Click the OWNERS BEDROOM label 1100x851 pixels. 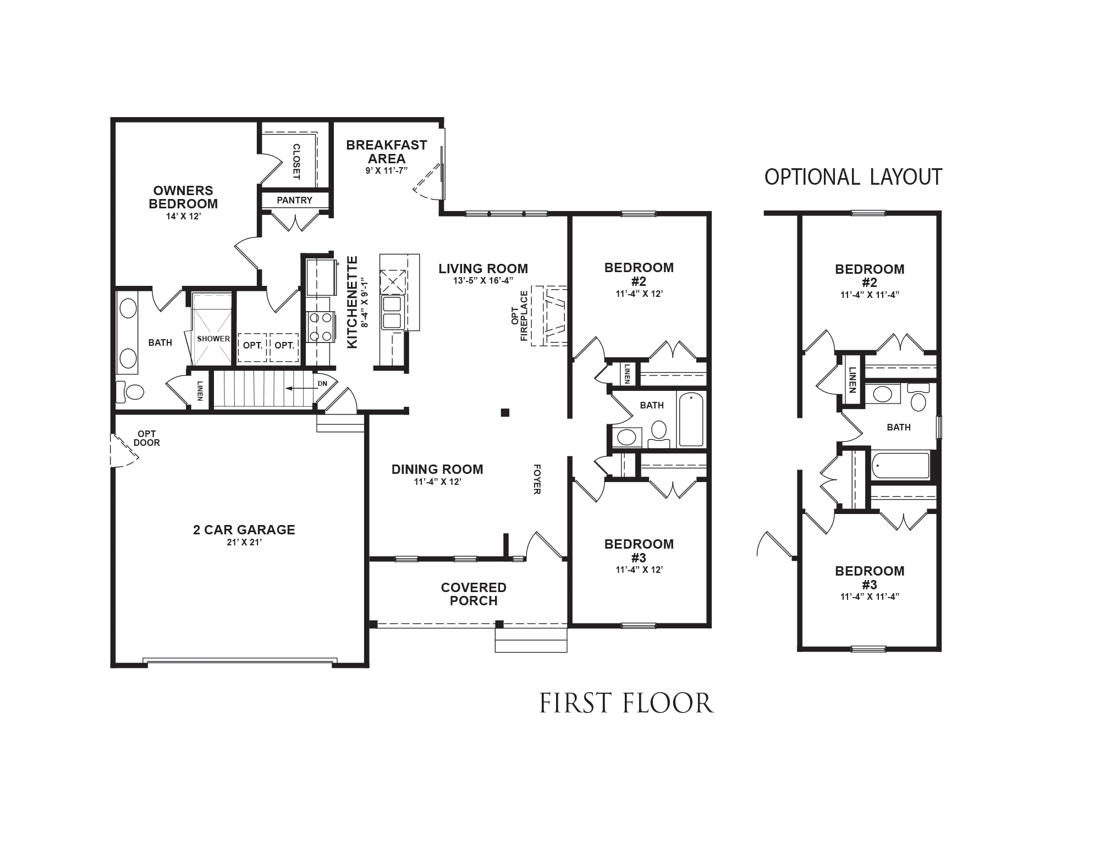(x=183, y=197)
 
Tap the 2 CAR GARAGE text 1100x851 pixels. (x=244, y=530)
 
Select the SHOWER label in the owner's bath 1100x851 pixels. (x=213, y=339)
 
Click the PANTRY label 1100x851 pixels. (x=294, y=200)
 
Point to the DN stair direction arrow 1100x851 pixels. (x=297, y=388)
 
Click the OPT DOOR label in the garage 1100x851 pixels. (x=146, y=438)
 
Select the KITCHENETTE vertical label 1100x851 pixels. (x=353, y=302)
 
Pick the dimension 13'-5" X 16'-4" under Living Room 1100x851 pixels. (x=483, y=280)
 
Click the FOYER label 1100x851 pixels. (x=537, y=479)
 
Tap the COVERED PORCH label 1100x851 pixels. (x=473, y=594)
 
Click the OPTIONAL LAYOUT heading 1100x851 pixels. (x=853, y=177)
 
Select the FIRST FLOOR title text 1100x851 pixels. (x=626, y=704)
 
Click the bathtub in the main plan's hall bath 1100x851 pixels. (x=691, y=419)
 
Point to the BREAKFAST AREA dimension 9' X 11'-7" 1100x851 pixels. (x=386, y=171)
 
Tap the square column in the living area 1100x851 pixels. (x=504, y=412)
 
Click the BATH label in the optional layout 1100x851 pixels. (x=898, y=427)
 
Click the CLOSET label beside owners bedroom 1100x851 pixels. (x=296, y=162)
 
